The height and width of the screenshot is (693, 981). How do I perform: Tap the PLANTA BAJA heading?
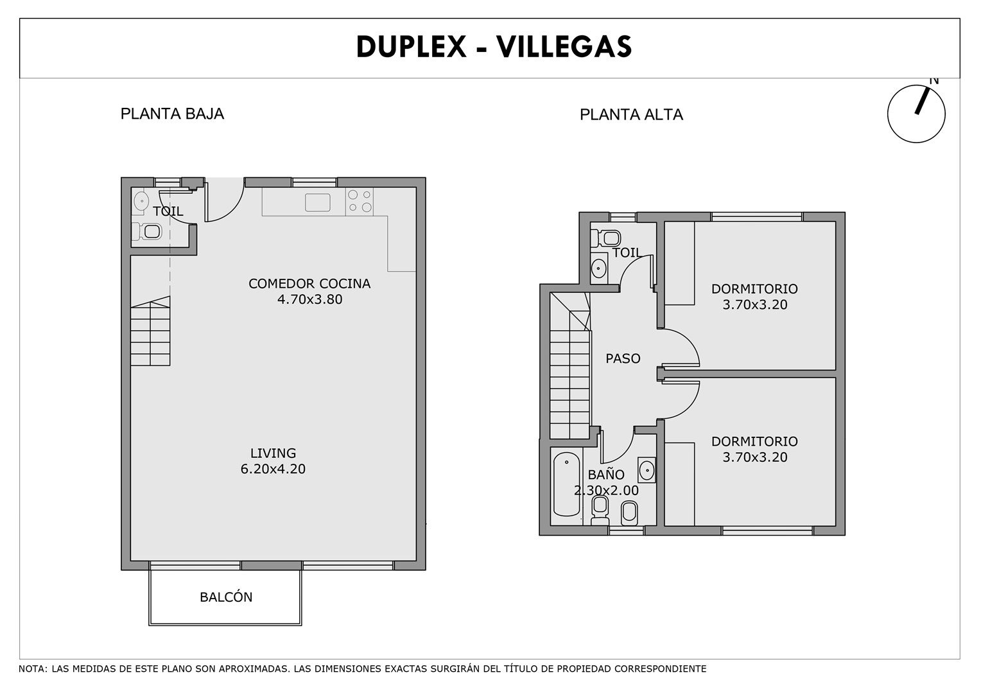tap(172, 114)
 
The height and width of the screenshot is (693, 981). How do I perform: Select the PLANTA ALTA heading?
tap(631, 115)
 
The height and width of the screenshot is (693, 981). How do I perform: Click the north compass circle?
tap(916, 114)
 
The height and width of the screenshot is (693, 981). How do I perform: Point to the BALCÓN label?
tap(226, 597)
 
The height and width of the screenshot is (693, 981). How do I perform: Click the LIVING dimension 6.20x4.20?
tap(273, 469)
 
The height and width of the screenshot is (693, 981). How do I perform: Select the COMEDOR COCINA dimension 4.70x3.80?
tap(309, 299)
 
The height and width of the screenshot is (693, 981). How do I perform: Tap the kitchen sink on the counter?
tap(318, 202)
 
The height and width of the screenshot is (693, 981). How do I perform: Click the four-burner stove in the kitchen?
tap(359, 202)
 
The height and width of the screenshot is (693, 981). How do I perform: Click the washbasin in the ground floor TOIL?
tap(140, 202)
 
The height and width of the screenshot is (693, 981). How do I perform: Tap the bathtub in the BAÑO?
tap(567, 484)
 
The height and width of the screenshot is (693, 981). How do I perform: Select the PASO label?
tap(623, 359)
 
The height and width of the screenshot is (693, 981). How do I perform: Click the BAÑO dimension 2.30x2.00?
tap(606, 491)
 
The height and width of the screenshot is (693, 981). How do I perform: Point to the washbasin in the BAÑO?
tap(647, 471)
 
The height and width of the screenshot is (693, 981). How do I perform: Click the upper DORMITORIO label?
tap(754, 289)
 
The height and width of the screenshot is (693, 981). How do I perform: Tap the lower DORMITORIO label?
tap(754, 442)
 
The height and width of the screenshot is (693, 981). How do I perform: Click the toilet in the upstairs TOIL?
tap(606, 238)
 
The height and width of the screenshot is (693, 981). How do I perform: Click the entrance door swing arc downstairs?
tap(233, 211)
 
